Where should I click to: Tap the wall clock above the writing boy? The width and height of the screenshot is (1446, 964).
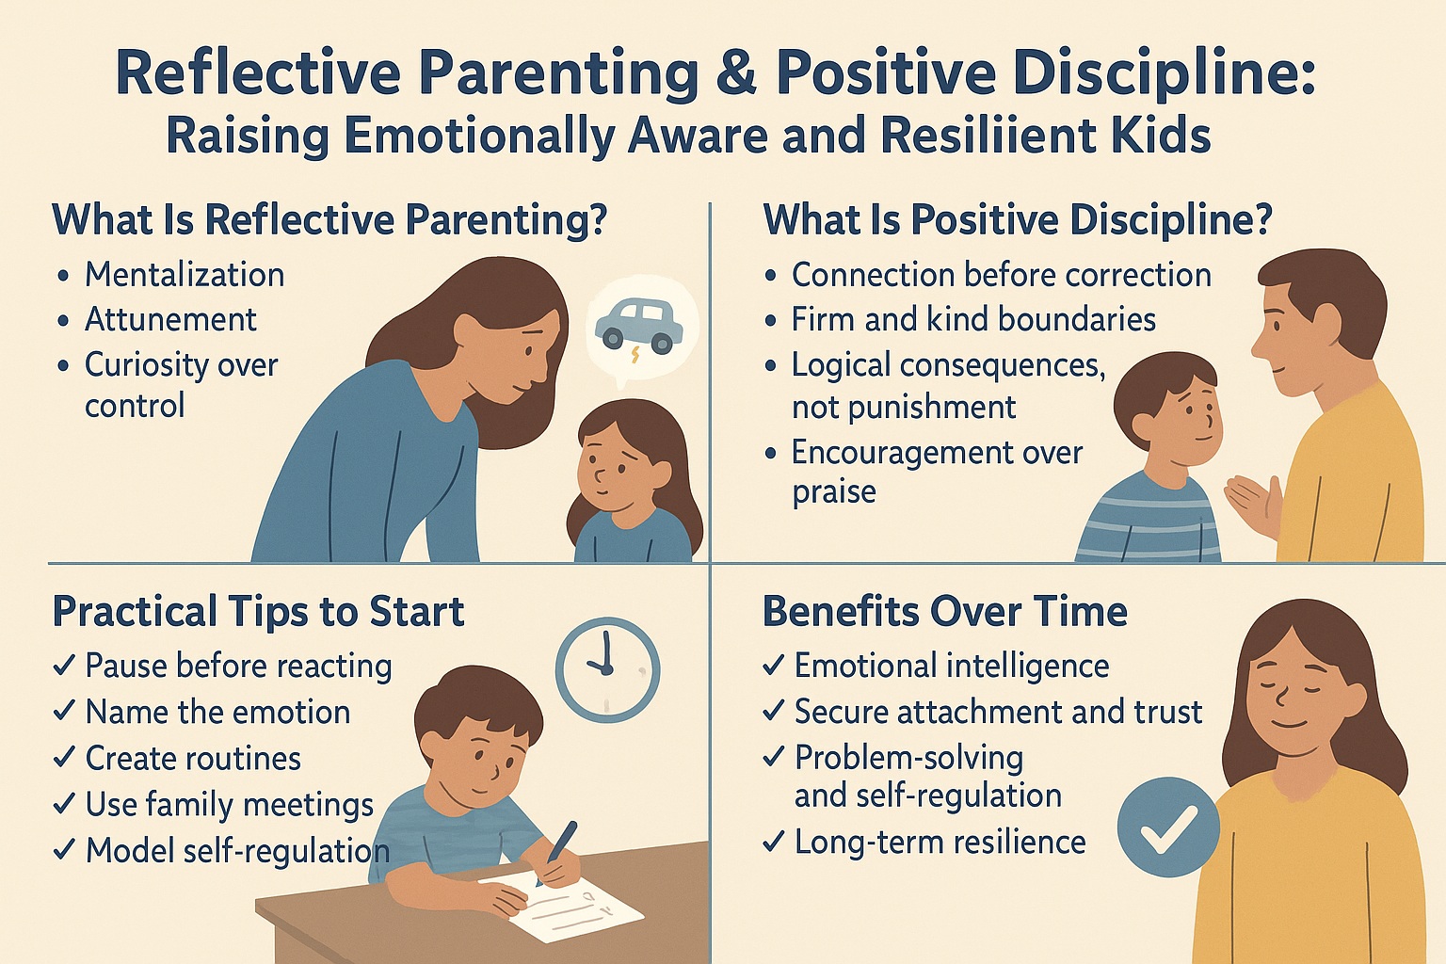click(x=607, y=669)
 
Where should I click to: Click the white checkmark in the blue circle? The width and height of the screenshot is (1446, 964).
click(x=1168, y=827)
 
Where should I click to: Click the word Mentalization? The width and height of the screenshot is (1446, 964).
click(x=185, y=275)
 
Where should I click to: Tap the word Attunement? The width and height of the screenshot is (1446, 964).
click(x=170, y=320)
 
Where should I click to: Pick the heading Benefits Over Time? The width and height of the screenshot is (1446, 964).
click(x=944, y=612)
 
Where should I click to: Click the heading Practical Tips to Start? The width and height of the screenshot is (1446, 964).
click(x=258, y=612)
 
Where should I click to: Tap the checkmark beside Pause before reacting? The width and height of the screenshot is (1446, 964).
click(x=65, y=665)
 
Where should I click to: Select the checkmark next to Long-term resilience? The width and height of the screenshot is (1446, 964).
click(x=773, y=842)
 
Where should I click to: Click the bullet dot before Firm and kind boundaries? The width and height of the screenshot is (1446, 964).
click(x=770, y=321)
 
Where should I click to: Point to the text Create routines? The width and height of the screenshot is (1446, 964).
click(x=193, y=758)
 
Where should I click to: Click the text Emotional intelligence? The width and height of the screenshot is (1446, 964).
click(x=952, y=667)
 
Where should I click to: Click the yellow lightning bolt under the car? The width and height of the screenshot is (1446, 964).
click(x=636, y=355)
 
